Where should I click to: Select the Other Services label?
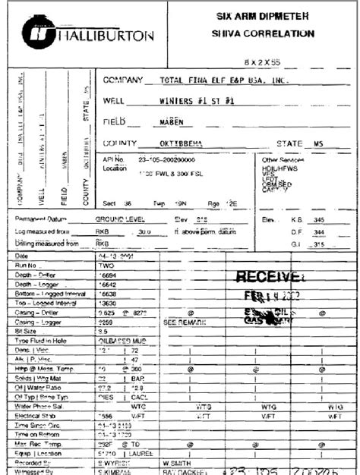pyautogui.click(x=280, y=160)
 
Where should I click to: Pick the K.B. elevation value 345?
pyautogui.click(x=330, y=219)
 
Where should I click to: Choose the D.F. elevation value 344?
pyautogui.click(x=330, y=231)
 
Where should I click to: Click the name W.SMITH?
pyautogui.click(x=177, y=461)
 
